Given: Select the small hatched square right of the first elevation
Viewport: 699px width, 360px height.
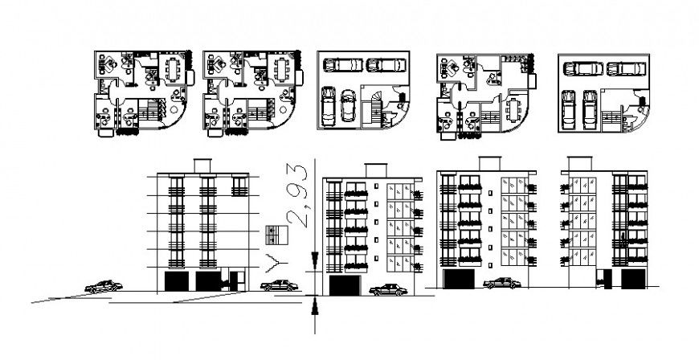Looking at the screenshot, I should point(276,235).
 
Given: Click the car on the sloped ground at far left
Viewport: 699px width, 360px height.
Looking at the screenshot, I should point(104,285).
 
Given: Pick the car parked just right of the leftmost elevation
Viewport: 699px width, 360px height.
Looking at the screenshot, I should point(277,284).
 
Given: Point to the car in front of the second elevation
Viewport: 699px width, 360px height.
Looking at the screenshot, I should point(387,290).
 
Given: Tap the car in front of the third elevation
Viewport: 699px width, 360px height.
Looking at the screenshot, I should point(501,283).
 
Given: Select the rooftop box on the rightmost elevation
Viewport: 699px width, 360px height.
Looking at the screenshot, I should point(576,162).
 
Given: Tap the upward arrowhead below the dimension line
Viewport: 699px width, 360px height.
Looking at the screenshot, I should point(314,304).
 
